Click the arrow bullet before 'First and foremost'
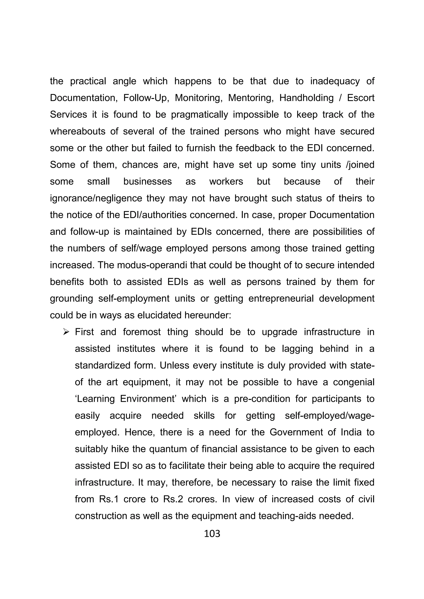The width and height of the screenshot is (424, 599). pos(66,332)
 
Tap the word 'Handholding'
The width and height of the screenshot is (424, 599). pos(306,98)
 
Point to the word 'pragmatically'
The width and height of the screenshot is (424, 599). pos(199,115)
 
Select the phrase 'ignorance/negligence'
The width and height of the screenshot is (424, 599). pos(96,198)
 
